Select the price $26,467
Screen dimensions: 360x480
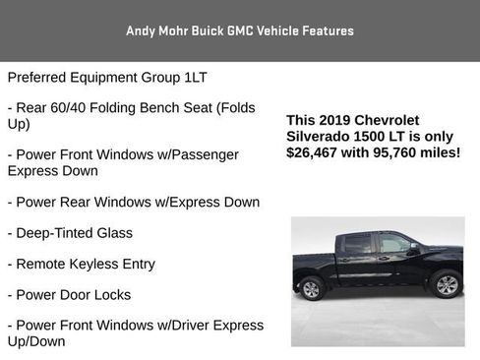point(313,152)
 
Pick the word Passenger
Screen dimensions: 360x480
point(209,154)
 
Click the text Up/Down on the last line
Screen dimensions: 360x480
point(36,340)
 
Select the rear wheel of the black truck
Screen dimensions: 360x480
point(312,288)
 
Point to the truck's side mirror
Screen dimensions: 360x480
point(412,250)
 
